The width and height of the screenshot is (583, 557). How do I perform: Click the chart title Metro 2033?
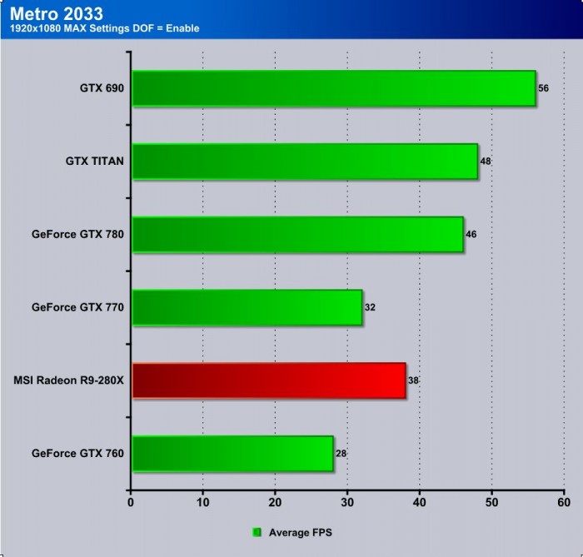click(x=57, y=14)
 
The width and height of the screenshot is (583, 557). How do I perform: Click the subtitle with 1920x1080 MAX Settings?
click(x=104, y=29)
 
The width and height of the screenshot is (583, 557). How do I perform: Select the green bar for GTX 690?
click(x=333, y=88)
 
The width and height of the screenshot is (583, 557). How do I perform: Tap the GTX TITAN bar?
click(x=305, y=162)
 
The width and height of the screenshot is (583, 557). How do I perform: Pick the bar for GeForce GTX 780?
click(x=297, y=235)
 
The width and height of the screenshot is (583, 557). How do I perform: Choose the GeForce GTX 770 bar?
click(x=247, y=307)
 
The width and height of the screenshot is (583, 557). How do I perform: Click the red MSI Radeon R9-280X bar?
click(x=268, y=380)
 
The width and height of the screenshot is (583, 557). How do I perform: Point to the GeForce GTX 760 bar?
click(x=232, y=454)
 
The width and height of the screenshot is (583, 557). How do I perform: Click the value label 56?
click(x=544, y=88)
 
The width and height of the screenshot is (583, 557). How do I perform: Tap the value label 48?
click(x=486, y=162)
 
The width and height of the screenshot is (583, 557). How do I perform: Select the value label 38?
click(x=414, y=380)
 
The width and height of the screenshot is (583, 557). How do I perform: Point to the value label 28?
click(x=341, y=454)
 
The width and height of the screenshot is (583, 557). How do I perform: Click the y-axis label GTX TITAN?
click(x=95, y=162)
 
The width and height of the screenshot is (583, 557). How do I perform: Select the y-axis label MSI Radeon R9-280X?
click(x=69, y=380)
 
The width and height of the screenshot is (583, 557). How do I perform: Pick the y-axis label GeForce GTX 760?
click(x=77, y=454)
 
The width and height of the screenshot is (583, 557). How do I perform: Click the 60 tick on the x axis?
click(x=564, y=502)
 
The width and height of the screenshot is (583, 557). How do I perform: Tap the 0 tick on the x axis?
click(x=131, y=502)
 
